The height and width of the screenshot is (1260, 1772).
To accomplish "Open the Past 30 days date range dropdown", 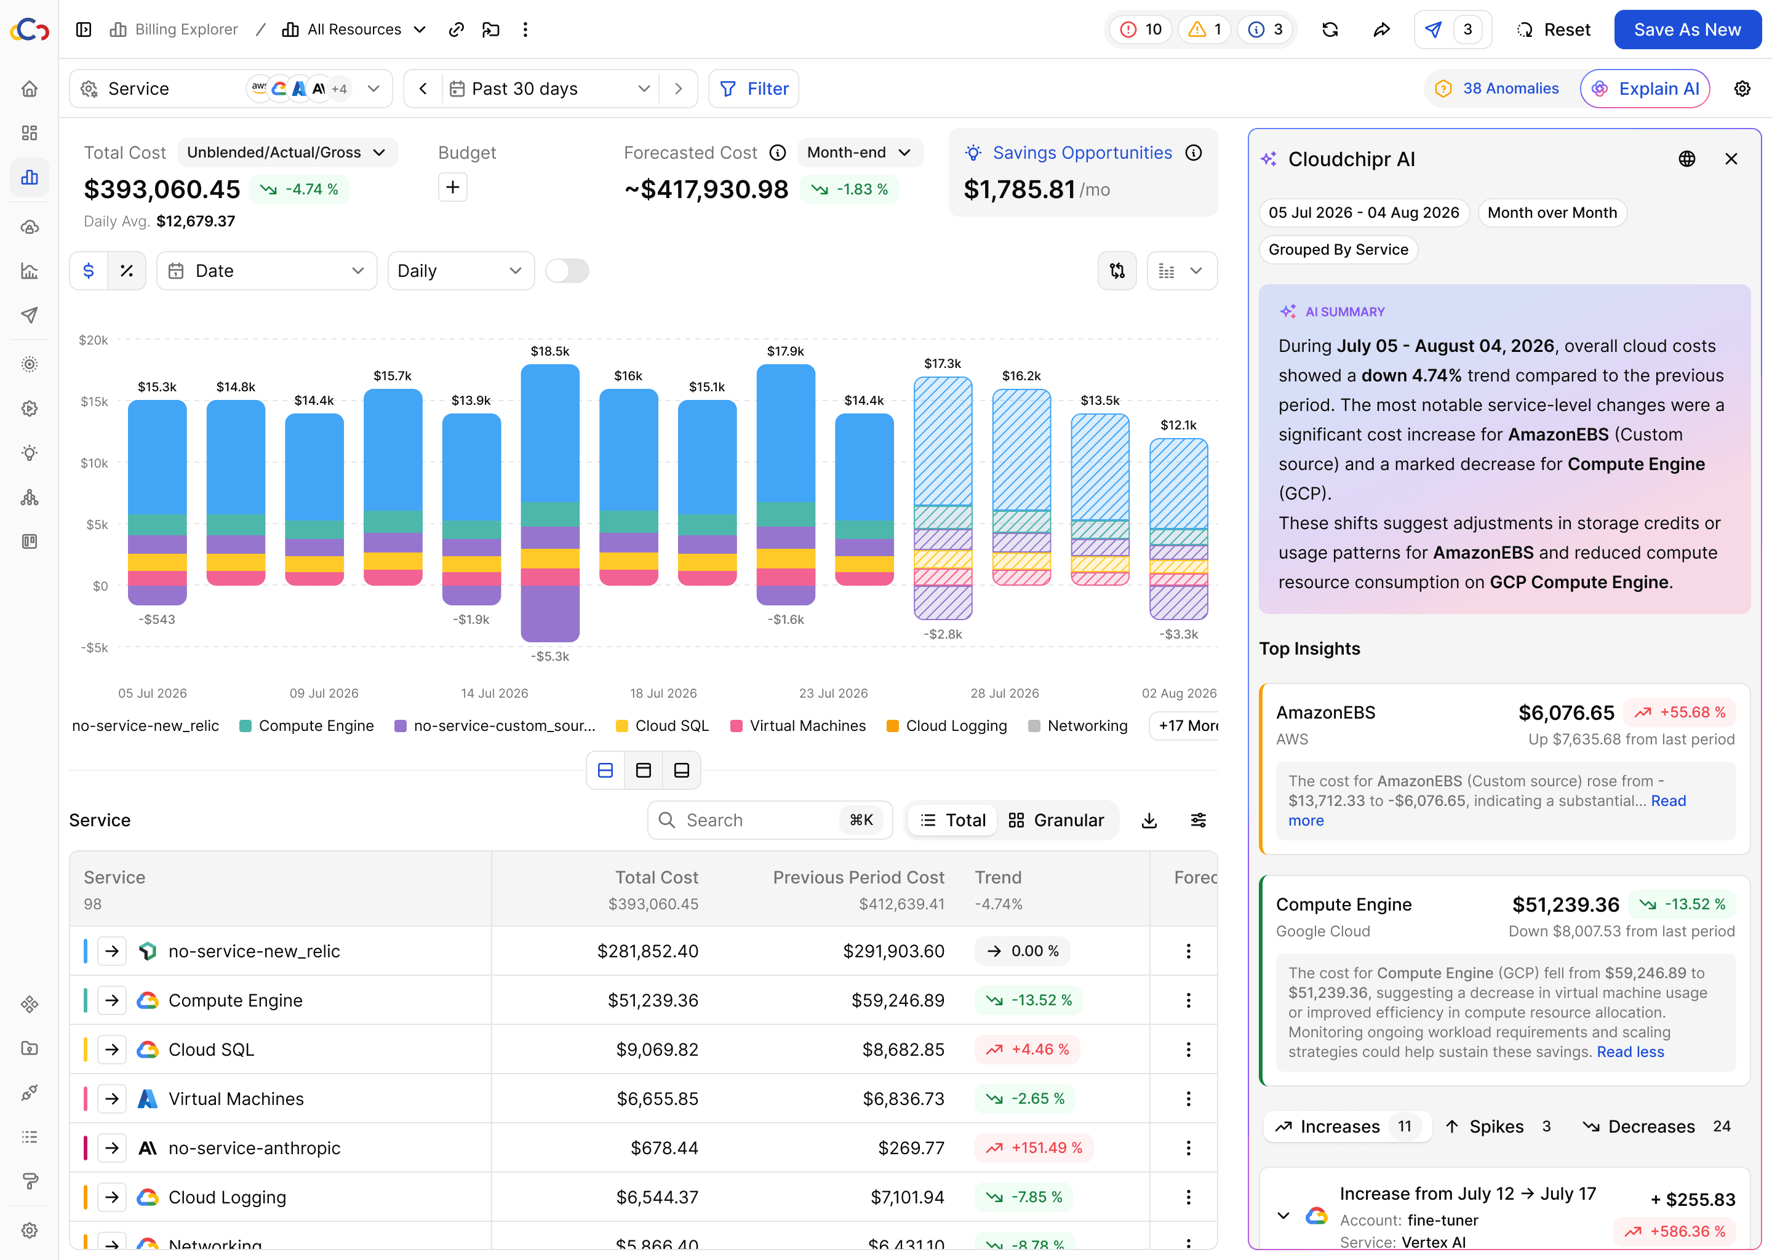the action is tap(550, 89).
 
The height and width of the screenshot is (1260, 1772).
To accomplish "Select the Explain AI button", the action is tap(1645, 89).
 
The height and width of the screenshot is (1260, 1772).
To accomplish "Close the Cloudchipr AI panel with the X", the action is tap(1731, 159).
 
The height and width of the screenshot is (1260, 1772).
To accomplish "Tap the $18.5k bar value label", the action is tap(550, 351).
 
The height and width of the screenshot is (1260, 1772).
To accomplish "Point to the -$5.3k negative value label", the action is tap(550, 656).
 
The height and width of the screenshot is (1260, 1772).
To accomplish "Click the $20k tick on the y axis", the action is tap(93, 340).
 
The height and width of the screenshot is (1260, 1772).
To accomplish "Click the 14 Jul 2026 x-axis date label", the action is tap(494, 693).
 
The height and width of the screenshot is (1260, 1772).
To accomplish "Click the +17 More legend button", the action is tap(1184, 725).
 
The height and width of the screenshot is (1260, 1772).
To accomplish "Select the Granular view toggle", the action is tap(1056, 820).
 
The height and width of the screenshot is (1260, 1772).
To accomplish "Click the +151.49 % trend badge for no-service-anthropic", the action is tap(1034, 1147).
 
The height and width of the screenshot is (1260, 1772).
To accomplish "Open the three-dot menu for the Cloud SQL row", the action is tap(1188, 1050).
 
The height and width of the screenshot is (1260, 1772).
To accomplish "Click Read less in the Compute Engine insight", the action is tap(1630, 1052).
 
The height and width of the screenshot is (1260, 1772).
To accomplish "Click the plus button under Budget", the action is tap(453, 187).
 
